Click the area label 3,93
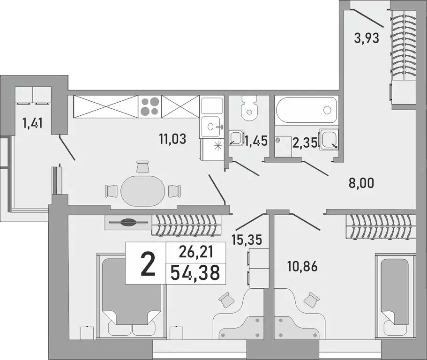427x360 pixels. tap(366, 37)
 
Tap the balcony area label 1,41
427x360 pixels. tap(32, 124)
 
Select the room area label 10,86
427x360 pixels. tap(302, 267)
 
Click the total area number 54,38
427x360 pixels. tap(195, 272)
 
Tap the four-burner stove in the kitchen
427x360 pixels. tap(150, 106)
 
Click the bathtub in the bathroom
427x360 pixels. tap(306, 110)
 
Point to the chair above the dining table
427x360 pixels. tap(143, 166)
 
